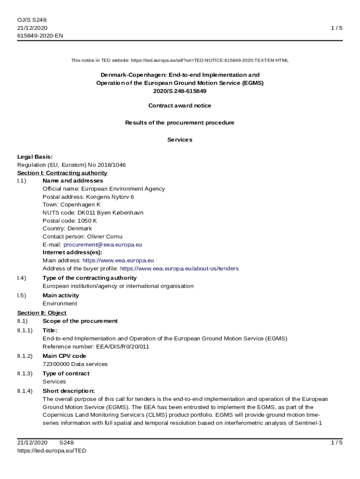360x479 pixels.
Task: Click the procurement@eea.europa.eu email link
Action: point(103,245)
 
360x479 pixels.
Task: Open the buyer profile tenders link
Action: point(179,269)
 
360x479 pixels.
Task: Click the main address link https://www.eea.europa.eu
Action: point(118,261)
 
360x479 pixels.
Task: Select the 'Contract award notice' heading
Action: point(180,106)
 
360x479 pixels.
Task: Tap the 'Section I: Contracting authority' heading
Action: point(62,173)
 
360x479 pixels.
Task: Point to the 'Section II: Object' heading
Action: point(42,313)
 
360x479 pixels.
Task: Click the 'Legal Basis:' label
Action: point(35,157)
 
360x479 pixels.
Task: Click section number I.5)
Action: point(22,295)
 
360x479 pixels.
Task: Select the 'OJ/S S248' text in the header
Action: point(32,20)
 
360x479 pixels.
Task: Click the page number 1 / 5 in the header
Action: point(336,28)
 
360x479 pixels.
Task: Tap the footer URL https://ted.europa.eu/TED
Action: point(51,450)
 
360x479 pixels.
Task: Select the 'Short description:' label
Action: point(68,391)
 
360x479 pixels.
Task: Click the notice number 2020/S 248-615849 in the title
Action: point(180,91)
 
